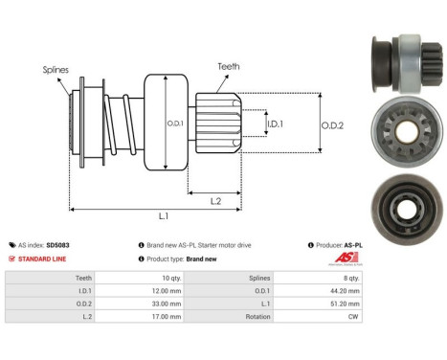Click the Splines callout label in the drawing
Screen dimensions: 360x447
[55, 69]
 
